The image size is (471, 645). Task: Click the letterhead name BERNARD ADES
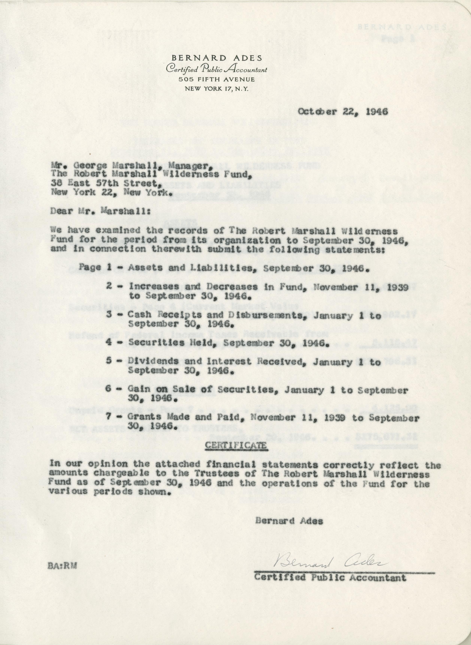(216, 58)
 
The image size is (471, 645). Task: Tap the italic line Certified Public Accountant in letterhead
(217, 69)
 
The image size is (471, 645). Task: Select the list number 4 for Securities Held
(108, 343)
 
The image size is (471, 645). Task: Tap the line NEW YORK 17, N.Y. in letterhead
(217, 89)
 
